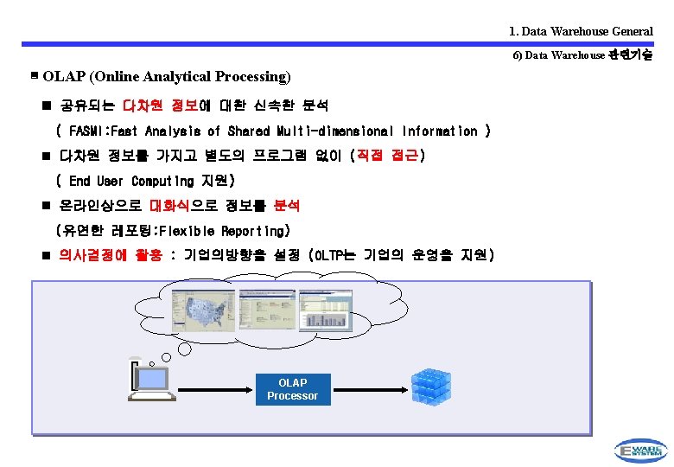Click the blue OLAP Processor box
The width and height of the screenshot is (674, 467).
tap(292, 389)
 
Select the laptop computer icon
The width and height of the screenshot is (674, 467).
tap(150, 381)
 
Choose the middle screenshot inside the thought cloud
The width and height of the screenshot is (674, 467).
tap(267, 310)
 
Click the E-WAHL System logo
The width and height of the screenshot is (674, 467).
tap(640, 450)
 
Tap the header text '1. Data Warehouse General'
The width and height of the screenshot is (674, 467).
tap(581, 31)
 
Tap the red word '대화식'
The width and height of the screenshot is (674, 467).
tap(172, 206)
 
